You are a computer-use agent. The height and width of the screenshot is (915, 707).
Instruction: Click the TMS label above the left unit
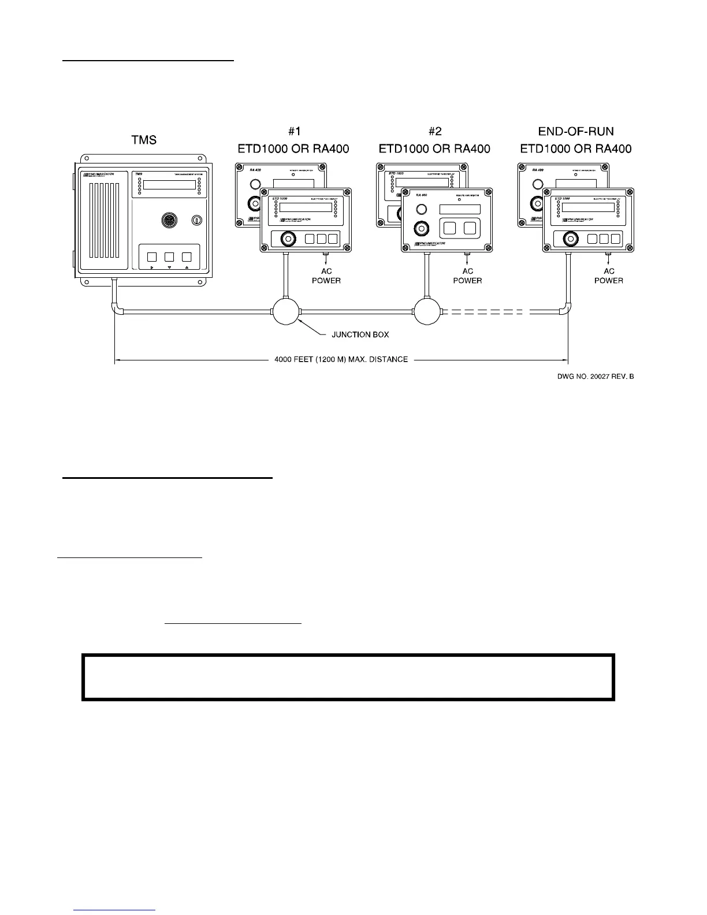144,139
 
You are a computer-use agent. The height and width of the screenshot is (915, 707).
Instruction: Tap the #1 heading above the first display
293,132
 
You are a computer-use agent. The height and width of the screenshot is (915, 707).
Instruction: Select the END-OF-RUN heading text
576,132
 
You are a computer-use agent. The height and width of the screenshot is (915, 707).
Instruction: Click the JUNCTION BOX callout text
360,334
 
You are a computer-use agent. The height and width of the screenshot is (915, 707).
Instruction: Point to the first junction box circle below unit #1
286,313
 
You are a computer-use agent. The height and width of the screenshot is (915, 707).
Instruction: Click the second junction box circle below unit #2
427,313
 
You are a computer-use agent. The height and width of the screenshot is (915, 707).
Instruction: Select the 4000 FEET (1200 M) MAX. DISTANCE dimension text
341,359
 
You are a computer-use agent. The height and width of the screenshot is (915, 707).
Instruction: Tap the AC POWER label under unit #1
326,276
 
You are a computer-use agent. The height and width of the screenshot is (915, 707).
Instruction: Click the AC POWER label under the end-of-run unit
609,276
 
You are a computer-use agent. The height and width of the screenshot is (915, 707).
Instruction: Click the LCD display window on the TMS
169,185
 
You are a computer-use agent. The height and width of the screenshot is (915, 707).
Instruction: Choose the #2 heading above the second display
434,132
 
